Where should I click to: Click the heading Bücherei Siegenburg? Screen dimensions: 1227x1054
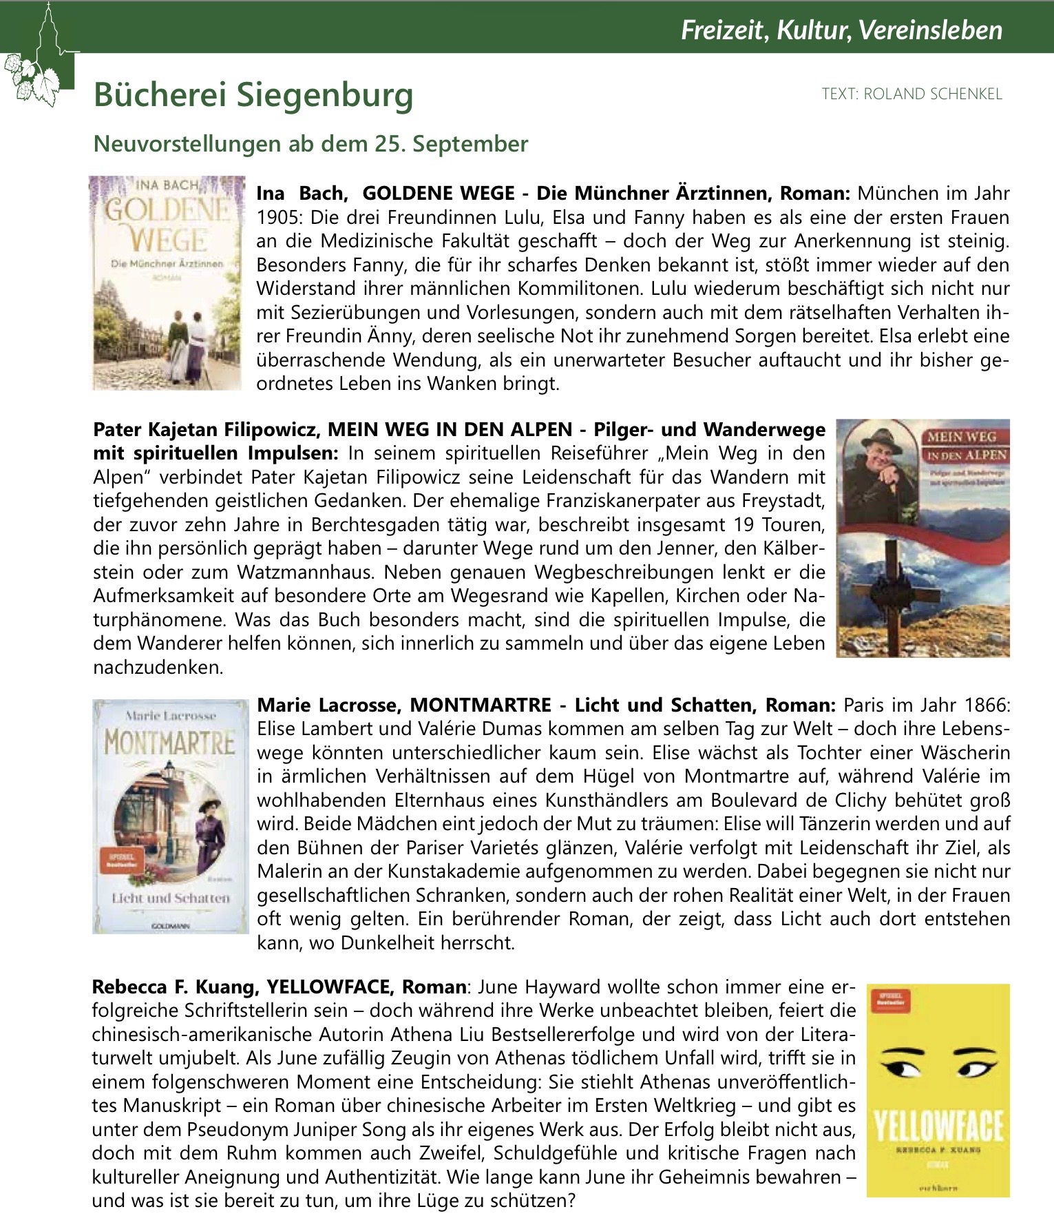click(x=253, y=94)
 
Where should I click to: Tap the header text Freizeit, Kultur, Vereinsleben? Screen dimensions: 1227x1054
click(x=841, y=30)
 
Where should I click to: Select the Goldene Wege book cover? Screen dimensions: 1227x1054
click(x=167, y=282)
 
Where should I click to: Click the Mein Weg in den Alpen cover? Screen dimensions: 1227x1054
click(x=923, y=537)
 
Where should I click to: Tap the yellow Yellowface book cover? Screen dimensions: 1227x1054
click(x=938, y=1090)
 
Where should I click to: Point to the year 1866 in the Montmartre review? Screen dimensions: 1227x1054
click(x=987, y=705)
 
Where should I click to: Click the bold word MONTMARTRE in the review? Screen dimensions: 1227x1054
click(x=481, y=705)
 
